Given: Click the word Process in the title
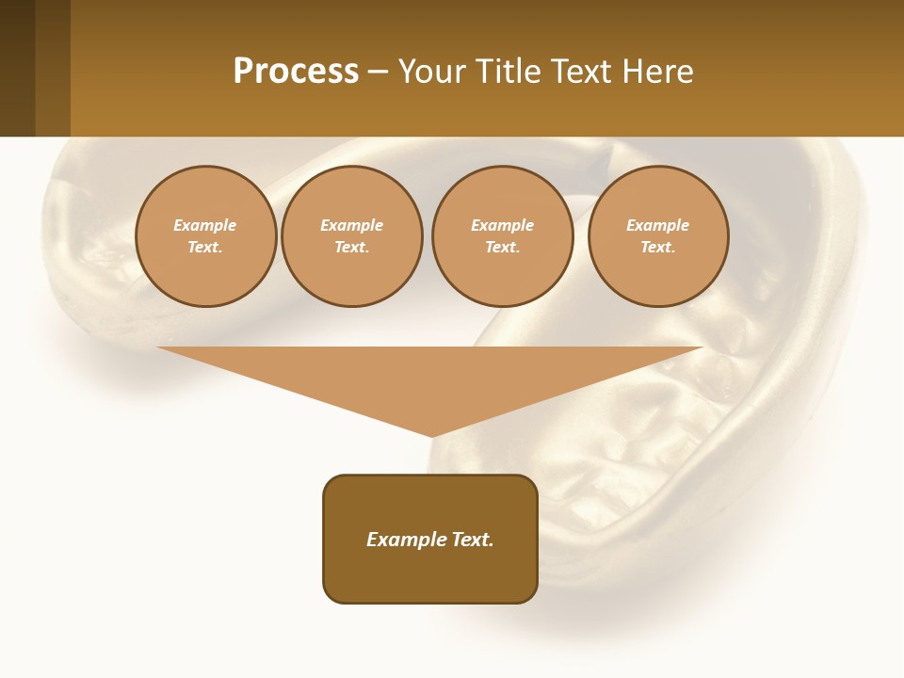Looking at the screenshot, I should (296, 72).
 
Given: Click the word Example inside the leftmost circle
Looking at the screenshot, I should (205, 225).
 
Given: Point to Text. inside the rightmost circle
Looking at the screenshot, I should (658, 248).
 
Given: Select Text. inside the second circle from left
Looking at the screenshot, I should (352, 248).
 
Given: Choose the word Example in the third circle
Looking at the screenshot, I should (503, 225).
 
